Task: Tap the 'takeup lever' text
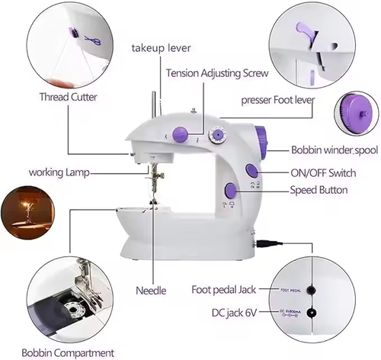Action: pos(162,48)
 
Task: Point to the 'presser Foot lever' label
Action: pos(278,99)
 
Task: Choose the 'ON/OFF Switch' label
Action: pos(323,172)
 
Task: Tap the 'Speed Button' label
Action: pos(320,190)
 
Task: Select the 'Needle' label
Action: pos(151,291)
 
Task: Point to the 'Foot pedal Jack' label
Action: pos(223,291)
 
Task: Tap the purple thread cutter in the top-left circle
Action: pos(73,34)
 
